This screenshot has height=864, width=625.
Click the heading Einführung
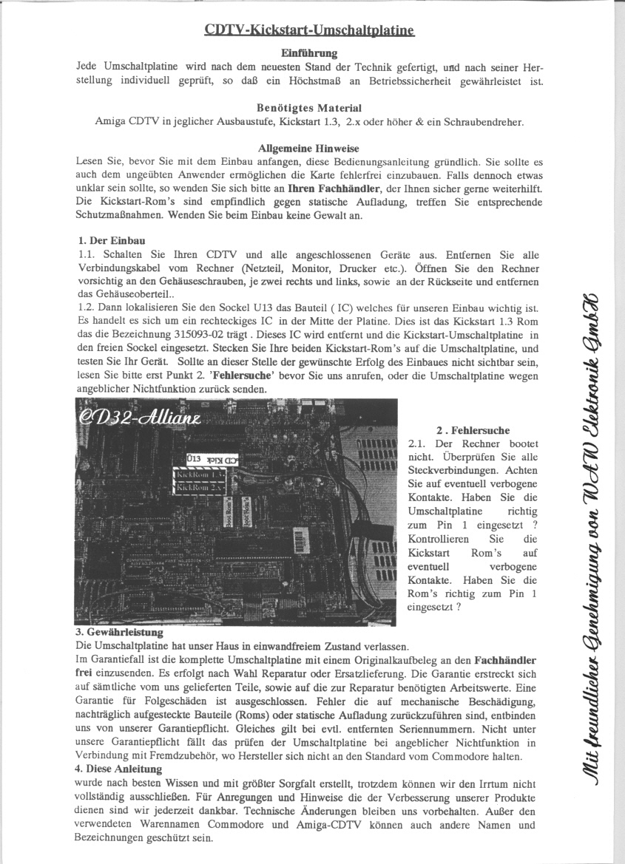(x=309, y=53)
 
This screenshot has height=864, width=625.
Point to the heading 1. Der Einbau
(x=112, y=241)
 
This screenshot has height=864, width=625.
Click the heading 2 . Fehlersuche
(x=473, y=430)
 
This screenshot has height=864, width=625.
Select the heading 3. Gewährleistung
(x=119, y=633)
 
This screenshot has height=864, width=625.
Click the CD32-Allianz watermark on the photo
(x=141, y=420)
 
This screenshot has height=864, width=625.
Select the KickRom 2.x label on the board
(x=201, y=488)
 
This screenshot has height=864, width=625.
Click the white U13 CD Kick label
(x=210, y=458)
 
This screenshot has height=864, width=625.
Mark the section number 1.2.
(x=85, y=307)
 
